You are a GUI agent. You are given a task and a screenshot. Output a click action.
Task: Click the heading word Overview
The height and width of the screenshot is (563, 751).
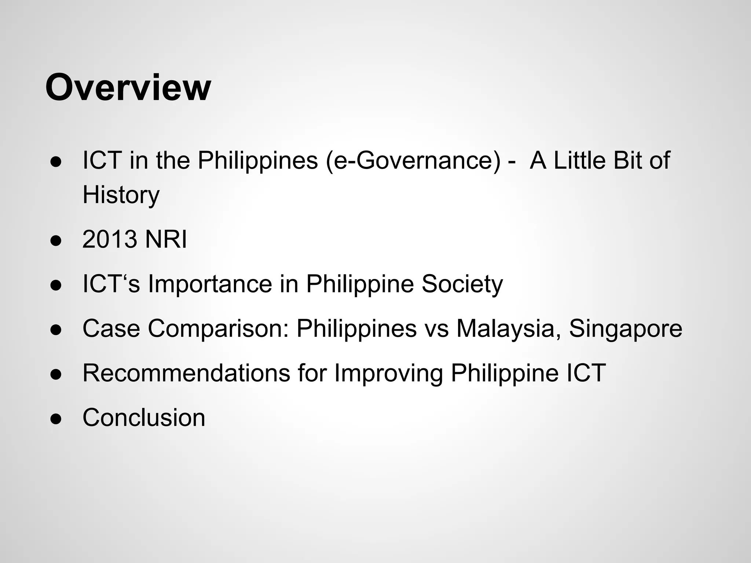[128, 88]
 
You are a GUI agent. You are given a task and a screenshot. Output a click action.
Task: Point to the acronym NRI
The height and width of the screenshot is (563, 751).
[166, 239]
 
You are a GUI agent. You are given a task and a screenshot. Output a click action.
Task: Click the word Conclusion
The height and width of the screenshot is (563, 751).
[144, 417]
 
